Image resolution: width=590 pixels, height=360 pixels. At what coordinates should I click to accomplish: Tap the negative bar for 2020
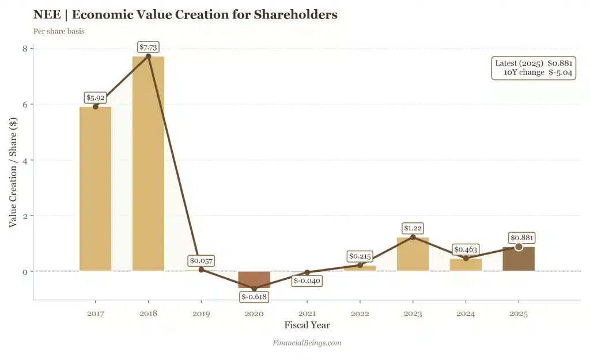coord(254,279)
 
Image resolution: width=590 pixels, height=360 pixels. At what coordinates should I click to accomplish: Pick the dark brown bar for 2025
coord(519,259)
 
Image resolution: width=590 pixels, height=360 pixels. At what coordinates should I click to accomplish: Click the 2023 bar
coord(413,254)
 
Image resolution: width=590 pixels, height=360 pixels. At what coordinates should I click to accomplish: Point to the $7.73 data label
coord(148,47)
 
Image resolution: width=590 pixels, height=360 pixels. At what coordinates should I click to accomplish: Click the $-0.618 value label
coord(254,297)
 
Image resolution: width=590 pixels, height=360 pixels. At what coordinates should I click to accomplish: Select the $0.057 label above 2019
coord(201,261)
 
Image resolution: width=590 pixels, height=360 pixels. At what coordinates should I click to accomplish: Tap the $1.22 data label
coord(413,229)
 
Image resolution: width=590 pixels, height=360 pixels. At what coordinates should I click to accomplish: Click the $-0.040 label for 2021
coord(307,281)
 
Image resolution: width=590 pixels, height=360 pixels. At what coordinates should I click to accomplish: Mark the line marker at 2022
coord(360,265)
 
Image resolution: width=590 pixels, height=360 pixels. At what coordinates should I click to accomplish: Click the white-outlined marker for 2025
coord(519,247)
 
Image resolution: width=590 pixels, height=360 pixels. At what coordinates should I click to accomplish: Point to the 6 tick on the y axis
coord(25,104)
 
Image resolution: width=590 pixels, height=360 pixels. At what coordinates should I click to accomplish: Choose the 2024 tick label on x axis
coord(466,314)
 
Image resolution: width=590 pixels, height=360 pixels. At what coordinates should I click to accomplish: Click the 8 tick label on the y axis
coord(25,48)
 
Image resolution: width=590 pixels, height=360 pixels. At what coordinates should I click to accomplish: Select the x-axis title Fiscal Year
coord(307,325)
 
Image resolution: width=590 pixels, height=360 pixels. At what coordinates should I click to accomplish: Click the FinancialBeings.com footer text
coord(307,343)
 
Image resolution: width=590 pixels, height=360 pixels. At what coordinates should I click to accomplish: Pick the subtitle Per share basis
coord(59,31)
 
